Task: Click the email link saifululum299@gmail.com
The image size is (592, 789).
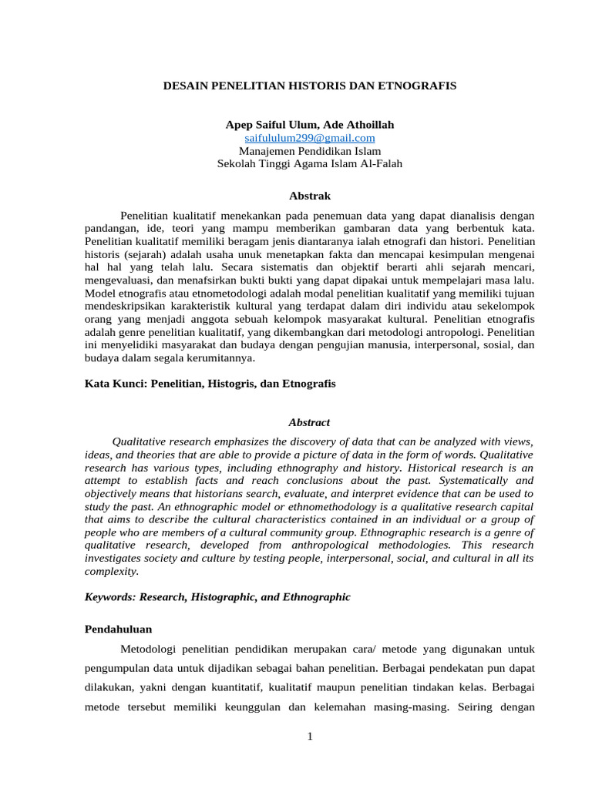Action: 310,138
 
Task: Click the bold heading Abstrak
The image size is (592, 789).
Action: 309,196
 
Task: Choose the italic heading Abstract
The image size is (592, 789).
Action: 309,422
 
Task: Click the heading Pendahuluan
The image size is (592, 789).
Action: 118,630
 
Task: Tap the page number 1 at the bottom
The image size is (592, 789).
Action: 310,737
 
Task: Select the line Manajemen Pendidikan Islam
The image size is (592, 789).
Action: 310,151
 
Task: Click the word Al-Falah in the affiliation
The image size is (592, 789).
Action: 378,164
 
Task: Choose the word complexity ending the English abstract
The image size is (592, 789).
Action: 112,571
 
